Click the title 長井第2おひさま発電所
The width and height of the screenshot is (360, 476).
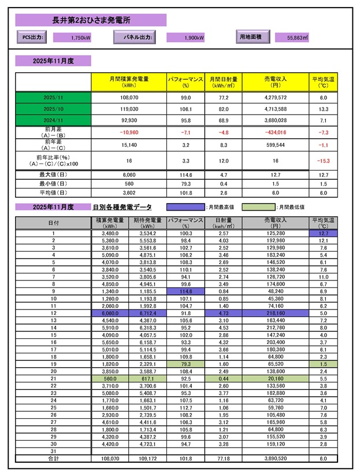(91, 20)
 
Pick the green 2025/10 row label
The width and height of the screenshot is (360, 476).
(53, 108)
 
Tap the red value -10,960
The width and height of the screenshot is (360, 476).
(121, 132)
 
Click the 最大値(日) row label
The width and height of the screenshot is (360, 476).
(53, 174)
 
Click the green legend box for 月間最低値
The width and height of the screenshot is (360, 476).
(257, 206)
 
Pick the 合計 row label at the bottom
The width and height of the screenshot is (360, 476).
(53, 457)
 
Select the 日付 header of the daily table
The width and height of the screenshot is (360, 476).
(53, 223)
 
